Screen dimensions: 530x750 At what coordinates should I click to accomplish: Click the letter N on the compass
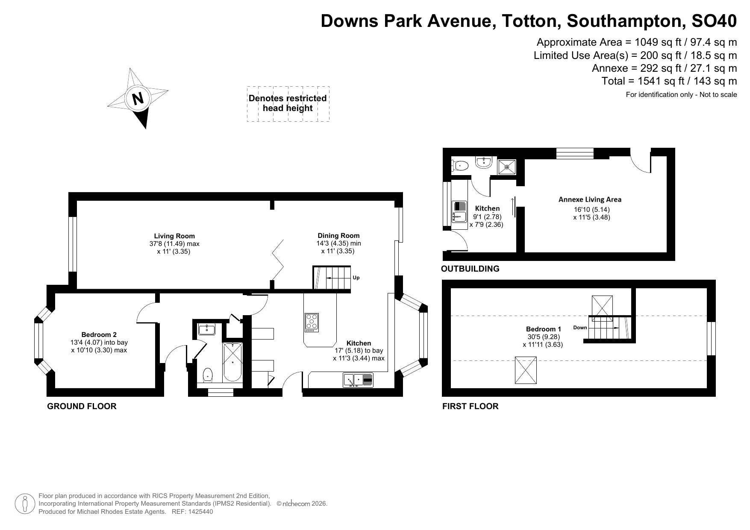point(138,99)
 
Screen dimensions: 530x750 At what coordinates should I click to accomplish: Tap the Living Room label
point(174,236)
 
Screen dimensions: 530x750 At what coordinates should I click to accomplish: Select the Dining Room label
point(338,235)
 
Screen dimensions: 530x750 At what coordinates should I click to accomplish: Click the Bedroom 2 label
point(99,335)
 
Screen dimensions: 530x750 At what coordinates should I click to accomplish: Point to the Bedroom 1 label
point(543,329)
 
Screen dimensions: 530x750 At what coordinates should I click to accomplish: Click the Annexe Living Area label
point(590,199)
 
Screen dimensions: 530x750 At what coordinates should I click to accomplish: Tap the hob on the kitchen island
point(312,322)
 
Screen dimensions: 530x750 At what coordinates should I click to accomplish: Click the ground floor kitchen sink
point(358,380)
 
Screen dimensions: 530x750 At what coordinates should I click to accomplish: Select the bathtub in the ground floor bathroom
point(232,362)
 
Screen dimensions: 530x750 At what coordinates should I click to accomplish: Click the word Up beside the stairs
point(356,278)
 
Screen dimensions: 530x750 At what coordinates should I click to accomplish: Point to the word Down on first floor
point(580,328)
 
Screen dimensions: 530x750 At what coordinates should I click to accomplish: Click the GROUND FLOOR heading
point(82,406)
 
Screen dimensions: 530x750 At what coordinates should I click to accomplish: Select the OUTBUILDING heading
point(470,269)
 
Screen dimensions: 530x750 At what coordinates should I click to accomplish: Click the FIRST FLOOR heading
point(470,406)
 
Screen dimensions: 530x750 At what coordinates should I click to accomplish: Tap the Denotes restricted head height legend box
point(288,104)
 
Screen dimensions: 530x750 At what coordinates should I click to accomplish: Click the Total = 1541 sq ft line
point(669,81)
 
